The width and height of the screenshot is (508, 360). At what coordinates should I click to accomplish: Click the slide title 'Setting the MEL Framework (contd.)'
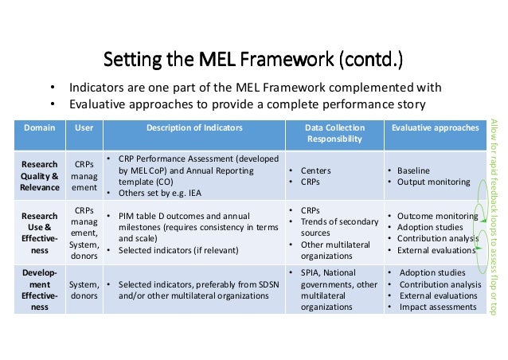pos(254,59)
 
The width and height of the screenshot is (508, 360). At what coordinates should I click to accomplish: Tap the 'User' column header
pos(84,127)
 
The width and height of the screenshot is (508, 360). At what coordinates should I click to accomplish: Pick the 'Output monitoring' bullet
pos(433,182)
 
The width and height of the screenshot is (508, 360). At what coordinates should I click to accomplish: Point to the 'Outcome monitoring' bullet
pos(437,216)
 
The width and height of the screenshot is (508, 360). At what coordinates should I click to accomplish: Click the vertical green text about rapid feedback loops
pos(494,211)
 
